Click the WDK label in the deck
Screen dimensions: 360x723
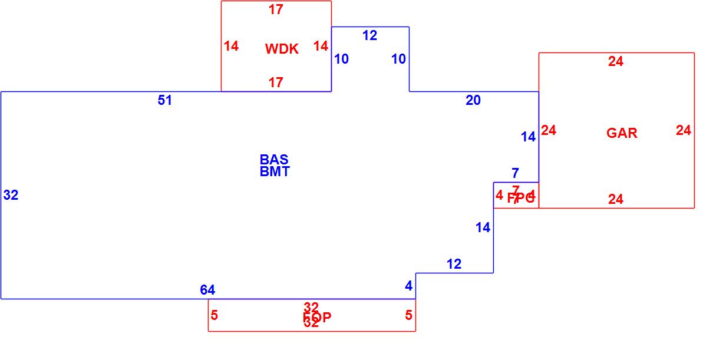(282, 49)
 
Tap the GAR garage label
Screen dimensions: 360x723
(622, 133)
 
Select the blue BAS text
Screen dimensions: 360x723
(274, 160)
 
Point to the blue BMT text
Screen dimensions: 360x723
(275, 171)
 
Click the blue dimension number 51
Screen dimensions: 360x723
(165, 100)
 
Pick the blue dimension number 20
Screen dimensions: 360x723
(473, 101)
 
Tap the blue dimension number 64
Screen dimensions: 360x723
(207, 290)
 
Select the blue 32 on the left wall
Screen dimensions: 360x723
(11, 195)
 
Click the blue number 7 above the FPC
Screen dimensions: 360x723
(515, 173)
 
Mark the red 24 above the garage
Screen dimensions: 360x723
(616, 61)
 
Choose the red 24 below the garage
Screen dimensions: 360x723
(616, 200)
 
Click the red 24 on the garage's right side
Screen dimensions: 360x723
(684, 130)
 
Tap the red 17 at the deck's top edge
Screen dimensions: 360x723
(276, 9)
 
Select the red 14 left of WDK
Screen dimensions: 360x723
(232, 46)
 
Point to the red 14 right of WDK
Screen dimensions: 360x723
(321, 46)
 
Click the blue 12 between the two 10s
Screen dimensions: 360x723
(369, 35)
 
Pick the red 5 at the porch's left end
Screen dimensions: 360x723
(214, 315)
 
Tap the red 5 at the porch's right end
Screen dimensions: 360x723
(408, 315)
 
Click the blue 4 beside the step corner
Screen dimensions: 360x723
(409, 286)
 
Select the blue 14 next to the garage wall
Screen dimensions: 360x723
(529, 137)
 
